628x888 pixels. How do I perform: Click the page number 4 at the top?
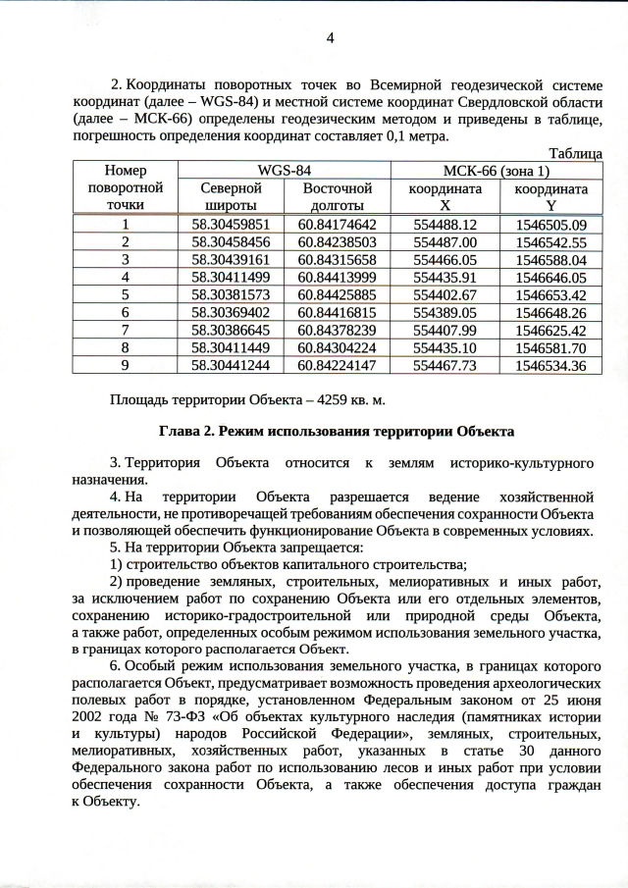[x=330, y=38]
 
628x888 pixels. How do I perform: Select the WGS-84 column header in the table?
[x=284, y=170]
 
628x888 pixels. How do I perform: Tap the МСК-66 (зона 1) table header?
[x=496, y=170]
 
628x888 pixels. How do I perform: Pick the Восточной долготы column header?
[x=338, y=196]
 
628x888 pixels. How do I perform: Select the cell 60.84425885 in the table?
[x=338, y=294]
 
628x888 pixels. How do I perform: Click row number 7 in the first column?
[x=125, y=330]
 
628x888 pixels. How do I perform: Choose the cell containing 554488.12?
[x=445, y=225]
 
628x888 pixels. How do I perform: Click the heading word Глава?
[x=180, y=431]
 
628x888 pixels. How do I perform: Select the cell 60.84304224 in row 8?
[x=338, y=347]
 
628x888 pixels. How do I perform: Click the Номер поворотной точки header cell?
[x=125, y=187]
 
